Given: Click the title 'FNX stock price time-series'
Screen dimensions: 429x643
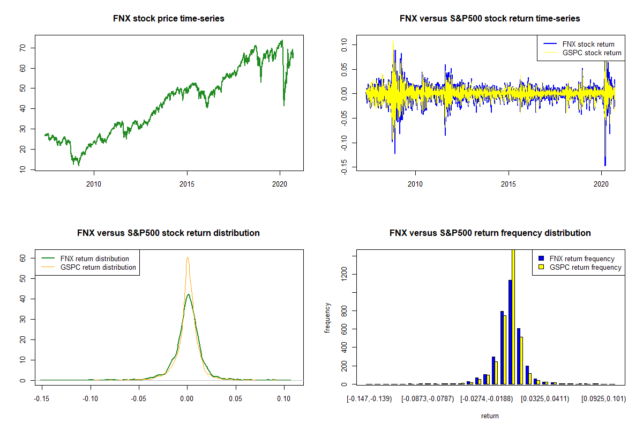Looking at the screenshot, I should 169,19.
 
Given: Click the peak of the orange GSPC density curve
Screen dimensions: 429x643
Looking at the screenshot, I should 188,257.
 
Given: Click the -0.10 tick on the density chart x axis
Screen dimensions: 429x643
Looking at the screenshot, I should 90,398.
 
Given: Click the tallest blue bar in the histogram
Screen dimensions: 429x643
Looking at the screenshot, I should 510,332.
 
